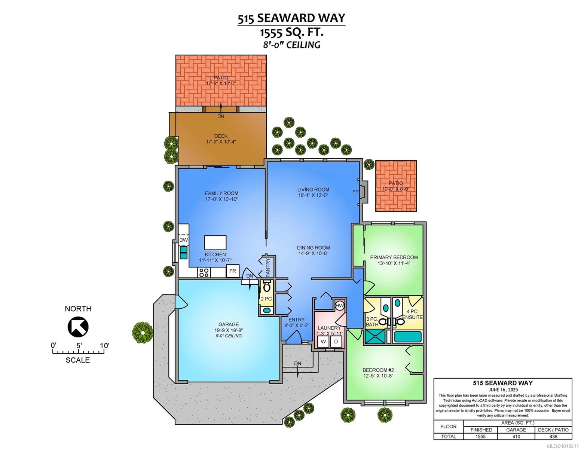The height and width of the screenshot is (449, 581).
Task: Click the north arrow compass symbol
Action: click(78, 327)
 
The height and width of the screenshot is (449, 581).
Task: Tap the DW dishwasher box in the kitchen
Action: click(183, 240)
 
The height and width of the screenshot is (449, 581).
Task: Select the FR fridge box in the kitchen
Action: click(232, 271)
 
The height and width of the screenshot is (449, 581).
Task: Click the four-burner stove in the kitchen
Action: click(204, 272)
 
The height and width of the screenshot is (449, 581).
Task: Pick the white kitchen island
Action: click(215, 242)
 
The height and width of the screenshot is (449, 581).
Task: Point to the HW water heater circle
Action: click(340, 306)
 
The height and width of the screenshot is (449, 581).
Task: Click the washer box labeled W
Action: click(323, 342)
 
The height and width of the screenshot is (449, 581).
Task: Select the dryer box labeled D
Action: click(336, 342)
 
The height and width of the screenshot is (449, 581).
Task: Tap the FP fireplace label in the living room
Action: click(355, 192)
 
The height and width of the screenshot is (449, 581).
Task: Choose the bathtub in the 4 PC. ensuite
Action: click(408, 337)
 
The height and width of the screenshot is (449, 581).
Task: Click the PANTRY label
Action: click(268, 267)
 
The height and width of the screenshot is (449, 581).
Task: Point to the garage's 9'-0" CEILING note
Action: click(228, 336)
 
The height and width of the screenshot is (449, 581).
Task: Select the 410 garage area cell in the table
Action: click(516, 436)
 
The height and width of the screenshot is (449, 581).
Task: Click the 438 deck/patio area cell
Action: click(553, 436)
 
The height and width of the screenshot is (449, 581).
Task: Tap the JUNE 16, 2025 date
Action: click(503, 390)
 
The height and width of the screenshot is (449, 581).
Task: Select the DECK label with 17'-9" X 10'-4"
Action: click(221, 139)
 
